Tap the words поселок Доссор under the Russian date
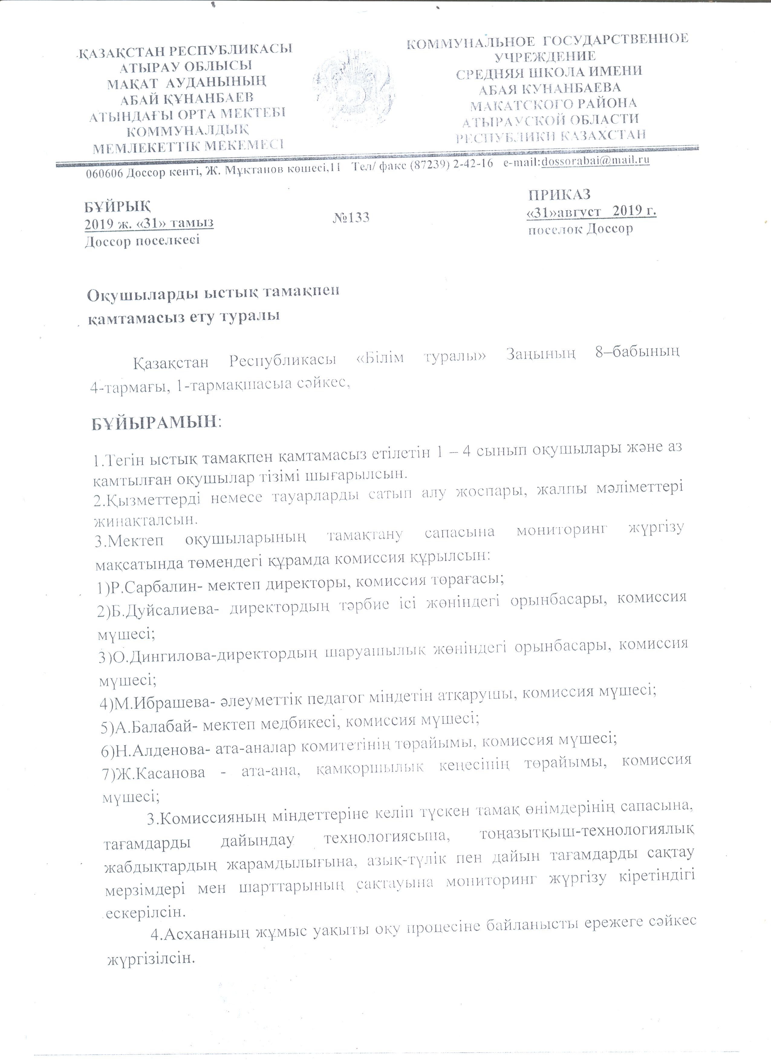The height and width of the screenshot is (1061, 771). coord(580,229)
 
